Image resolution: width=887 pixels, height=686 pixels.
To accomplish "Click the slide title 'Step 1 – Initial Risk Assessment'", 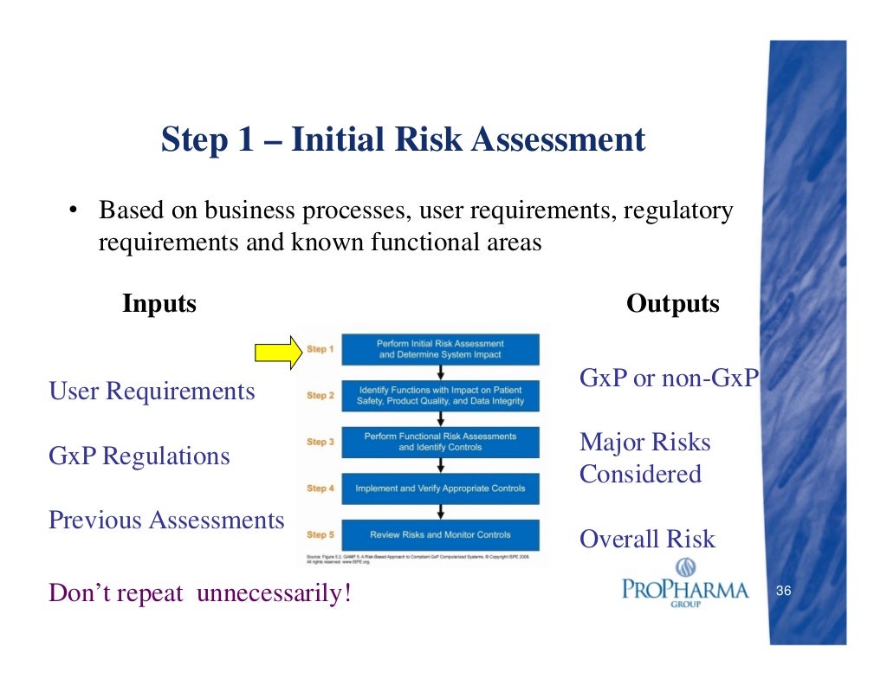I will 403,139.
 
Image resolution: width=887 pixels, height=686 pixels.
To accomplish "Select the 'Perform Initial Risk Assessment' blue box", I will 440,349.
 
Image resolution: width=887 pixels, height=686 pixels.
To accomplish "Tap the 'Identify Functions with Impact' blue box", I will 440,396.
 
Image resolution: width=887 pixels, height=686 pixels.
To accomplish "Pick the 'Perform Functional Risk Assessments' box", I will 440,442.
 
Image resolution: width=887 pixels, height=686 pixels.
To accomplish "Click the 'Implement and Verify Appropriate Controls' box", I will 440,489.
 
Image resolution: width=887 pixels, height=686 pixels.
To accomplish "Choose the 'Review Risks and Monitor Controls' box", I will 440,534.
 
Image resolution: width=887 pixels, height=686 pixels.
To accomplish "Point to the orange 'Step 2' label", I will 320,396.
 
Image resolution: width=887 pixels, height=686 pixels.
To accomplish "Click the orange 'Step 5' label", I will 320,534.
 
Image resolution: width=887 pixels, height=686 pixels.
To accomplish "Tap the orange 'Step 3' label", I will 320,442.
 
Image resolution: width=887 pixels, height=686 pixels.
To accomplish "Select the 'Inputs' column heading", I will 159,304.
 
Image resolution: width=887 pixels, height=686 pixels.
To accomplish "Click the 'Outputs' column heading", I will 672,304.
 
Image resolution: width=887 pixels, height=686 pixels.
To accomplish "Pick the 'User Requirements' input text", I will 152,392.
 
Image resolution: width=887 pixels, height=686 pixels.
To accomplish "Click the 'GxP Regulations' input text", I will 139,456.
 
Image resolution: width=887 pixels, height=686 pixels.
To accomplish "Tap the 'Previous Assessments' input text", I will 166,520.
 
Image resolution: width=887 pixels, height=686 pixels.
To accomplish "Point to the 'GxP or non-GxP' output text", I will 668,379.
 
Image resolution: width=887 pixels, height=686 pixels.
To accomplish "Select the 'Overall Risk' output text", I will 647,540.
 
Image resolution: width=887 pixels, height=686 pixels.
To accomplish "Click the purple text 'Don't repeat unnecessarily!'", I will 200,594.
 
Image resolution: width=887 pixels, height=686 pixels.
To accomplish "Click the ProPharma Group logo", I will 685,584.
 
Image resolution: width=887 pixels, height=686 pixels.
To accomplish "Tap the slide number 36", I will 784,592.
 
